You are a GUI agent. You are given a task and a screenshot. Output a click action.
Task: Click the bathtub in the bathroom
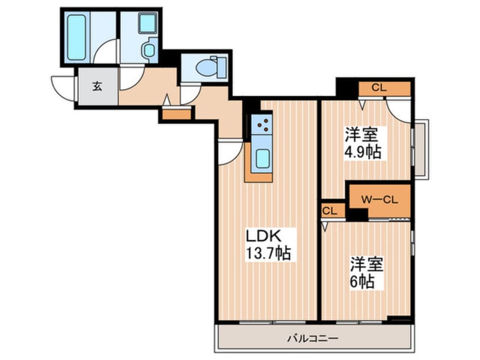(76, 37)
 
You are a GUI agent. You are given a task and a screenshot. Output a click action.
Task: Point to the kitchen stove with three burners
(262, 125)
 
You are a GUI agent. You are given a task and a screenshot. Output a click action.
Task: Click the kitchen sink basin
(263, 158)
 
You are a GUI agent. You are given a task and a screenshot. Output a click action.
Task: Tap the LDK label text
(264, 236)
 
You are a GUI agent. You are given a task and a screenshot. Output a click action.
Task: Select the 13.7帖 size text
(268, 253)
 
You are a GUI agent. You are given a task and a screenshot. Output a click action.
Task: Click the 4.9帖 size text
(363, 152)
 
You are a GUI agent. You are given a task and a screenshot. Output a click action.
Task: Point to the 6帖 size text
(362, 281)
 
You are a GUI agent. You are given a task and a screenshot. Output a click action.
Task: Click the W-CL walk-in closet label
(380, 200)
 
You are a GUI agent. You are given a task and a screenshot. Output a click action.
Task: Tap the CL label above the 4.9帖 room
(379, 88)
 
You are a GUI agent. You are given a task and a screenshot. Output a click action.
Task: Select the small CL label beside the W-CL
(330, 211)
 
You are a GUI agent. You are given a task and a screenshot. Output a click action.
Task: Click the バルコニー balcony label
(313, 338)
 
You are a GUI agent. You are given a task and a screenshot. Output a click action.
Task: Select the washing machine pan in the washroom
(148, 23)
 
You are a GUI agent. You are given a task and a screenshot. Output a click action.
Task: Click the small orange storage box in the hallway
(176, 114)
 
